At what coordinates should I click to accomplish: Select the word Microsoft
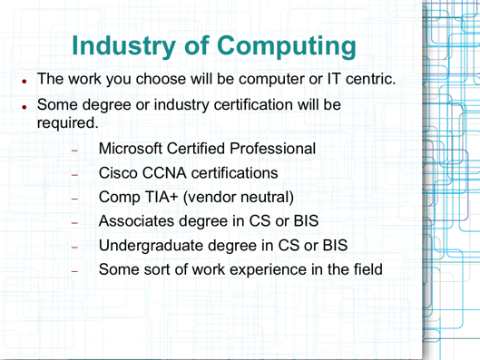137,147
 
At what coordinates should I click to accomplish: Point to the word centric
366,80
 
